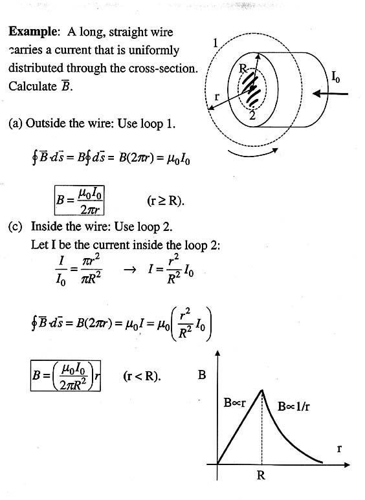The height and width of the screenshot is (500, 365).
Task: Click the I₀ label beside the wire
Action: click(x=335, y=77)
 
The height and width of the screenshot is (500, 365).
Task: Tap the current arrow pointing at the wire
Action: click(x=330, y=94)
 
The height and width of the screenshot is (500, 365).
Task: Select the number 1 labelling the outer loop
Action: click(x=216, y=43)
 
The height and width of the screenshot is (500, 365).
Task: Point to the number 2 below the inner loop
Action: click(x=252, y=115)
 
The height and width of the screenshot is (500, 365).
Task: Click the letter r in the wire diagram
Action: click(x=217, y=96)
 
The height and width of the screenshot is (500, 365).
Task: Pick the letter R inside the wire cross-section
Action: click(x=243, y=68)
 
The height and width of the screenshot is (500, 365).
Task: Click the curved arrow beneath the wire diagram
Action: click(x=253, y=154)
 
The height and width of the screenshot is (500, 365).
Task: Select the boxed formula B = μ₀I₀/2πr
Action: click(x=80, y=201)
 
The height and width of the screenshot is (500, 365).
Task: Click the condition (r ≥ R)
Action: click(x=166, y=201)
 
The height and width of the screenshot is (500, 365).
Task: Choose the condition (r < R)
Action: click(x=142, y=376)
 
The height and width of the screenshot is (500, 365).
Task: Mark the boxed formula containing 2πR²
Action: click(x=66, y=376)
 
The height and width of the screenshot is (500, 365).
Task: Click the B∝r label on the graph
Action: click(x=234, y=403)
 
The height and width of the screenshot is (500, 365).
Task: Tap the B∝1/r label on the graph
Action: click(x=294, y=407)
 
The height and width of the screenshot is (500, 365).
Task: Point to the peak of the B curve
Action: click(x=262, y=389)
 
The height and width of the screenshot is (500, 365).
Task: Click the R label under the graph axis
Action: click(x=261, y=475)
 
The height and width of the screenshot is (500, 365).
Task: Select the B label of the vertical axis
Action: click(x=202, y=375)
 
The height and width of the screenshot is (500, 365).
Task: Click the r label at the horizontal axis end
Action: click(x=339, y=449)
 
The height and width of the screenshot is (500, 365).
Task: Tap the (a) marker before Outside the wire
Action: click(x=16, y=124)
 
